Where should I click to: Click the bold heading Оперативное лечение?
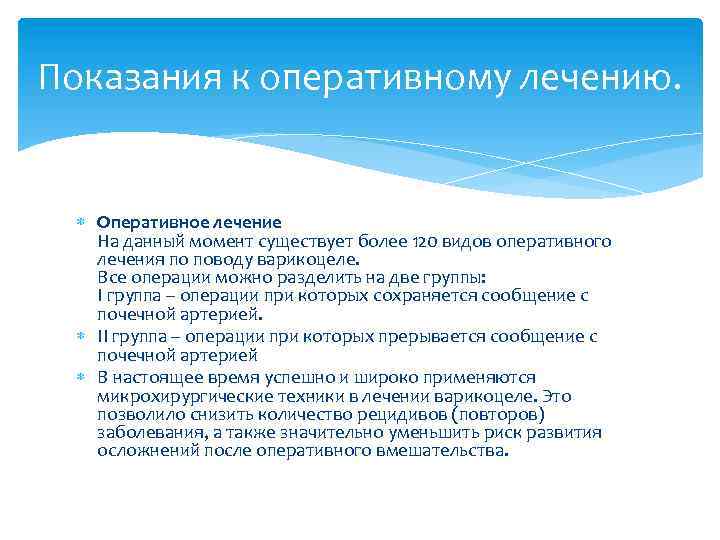(189, 221)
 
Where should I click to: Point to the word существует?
(304, 241)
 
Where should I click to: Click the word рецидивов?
(399, 414)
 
